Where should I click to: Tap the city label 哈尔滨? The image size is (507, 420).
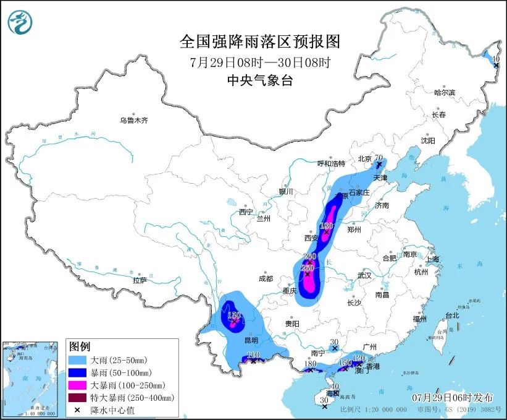click(443, 92)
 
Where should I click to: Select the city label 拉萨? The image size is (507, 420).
click(140, 280)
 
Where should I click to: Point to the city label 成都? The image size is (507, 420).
click(266, 278)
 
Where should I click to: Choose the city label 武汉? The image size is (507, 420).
click(364, 275)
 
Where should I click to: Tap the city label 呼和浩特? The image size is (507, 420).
click(331, 163)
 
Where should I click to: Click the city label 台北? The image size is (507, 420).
click(452, 315)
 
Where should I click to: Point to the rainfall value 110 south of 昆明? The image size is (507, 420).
click(252, 355)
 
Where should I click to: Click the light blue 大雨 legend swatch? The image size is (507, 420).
click(78, 359)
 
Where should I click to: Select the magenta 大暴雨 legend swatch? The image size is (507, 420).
click(78, 385)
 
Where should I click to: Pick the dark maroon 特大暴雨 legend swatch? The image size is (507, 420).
click(78, 398)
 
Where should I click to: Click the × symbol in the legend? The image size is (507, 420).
click(77, 410)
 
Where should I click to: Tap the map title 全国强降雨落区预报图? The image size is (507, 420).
click(260, 41)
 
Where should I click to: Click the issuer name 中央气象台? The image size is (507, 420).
click(259, 80)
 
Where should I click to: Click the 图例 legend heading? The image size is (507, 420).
click(80, 345)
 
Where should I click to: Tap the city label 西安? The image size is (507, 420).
click(311, 238)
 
